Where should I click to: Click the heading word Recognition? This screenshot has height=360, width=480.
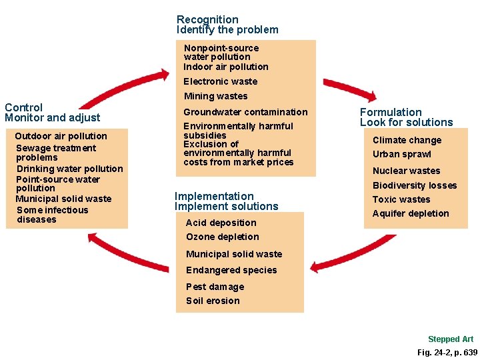207,20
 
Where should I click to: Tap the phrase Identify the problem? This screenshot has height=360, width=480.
227,30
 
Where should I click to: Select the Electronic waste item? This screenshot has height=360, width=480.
220,81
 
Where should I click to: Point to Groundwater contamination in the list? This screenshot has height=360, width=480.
245,112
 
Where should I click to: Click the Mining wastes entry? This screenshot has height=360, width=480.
215,96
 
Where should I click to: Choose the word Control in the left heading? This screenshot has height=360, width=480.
23,107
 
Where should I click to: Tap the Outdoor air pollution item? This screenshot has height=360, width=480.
61,136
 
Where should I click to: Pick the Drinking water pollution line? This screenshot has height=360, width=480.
69,169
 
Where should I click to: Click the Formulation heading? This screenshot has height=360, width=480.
391,112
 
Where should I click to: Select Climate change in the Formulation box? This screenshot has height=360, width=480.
407,140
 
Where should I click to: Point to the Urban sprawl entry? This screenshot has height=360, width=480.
401,154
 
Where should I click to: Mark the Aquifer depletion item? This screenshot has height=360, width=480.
411,213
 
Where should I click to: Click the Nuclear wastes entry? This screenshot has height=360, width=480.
406,171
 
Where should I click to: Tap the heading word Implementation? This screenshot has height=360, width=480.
214,196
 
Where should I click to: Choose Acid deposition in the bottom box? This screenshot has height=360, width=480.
221,223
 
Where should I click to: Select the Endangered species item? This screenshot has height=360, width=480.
231,270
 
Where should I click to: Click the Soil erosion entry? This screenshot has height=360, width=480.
213,301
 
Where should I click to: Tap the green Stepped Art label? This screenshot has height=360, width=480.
451,339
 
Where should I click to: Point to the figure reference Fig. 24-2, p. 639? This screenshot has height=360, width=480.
447,352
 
